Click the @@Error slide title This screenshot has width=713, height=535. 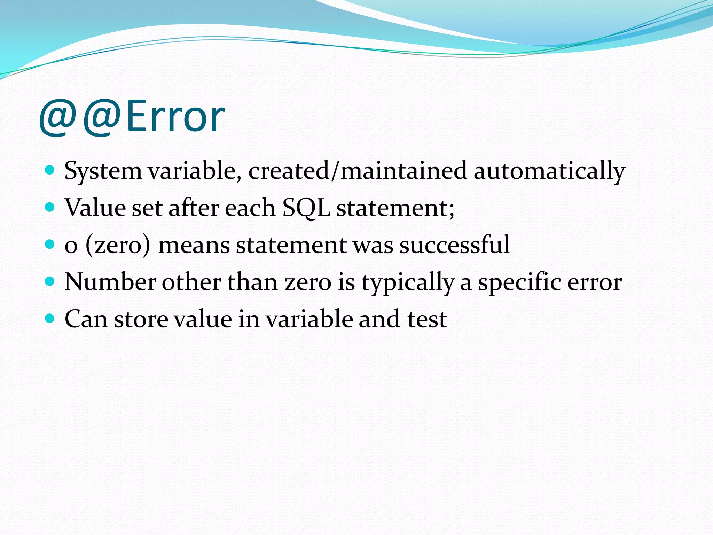[132, 117]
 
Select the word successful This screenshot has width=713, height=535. [454, 245]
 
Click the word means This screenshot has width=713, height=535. [194, 245]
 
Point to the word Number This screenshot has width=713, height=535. [110, 282]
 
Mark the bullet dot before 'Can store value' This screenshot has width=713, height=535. [50, 318]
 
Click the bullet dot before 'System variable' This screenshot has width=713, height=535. [50, 170]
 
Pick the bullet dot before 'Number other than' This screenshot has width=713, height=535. [50, 281]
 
